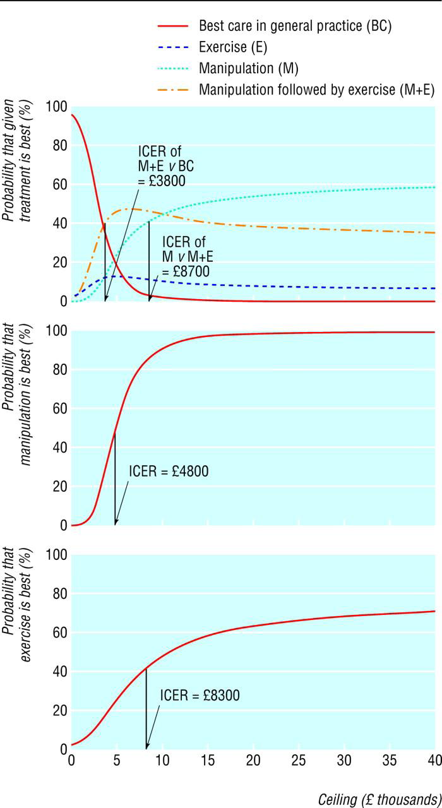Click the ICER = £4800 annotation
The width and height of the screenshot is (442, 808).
169,472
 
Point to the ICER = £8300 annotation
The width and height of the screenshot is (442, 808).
200,696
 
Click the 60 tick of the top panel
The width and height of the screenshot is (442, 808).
58,185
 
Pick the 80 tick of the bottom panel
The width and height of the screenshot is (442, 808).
58,594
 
